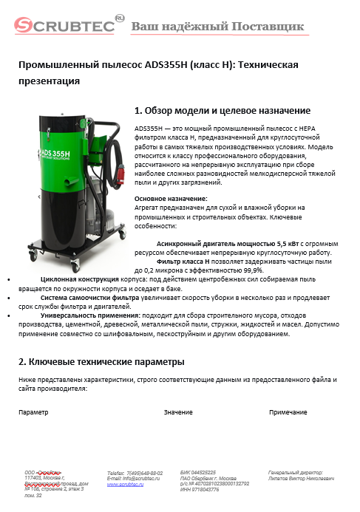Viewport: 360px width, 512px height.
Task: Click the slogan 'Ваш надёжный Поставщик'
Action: (217, 27)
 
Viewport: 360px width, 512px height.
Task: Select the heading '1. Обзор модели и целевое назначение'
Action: (222, 112)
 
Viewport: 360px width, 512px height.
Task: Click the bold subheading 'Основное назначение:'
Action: (171, 198)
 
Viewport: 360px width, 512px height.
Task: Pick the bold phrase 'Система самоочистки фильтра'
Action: (89, 298)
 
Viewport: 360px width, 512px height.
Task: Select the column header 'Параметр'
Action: (33, 412)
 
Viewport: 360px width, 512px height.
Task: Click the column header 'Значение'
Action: (178, 412)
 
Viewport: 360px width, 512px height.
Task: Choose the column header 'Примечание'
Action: (288, 412)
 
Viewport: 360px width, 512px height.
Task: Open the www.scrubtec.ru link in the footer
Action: (126, 484)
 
